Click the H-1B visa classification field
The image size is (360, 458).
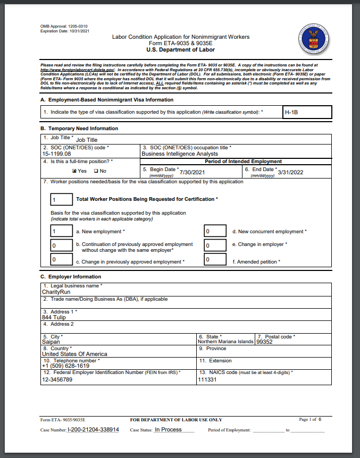307,112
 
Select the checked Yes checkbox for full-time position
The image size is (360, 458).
74,171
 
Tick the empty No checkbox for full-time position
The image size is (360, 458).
96,171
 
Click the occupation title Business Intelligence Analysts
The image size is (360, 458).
180,154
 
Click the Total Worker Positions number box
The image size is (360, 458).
61,199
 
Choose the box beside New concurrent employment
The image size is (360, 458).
215,231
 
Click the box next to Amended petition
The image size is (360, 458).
215,259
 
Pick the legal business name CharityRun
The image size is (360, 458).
56,292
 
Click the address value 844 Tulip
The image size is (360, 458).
54,317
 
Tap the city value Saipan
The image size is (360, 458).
51,342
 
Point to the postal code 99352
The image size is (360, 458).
264,342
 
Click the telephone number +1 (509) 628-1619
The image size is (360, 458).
66,366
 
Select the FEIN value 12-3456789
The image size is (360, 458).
57,380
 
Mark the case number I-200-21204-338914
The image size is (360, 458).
93,429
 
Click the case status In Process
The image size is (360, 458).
168,429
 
